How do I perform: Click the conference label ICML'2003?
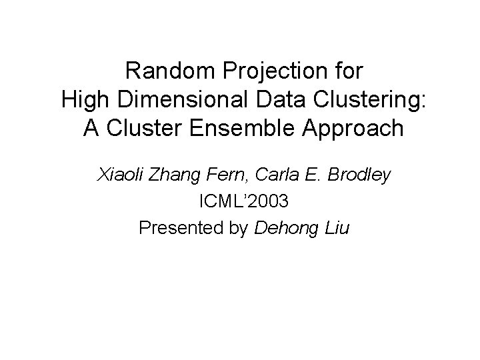pyautogui.click(x=240, y=201)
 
